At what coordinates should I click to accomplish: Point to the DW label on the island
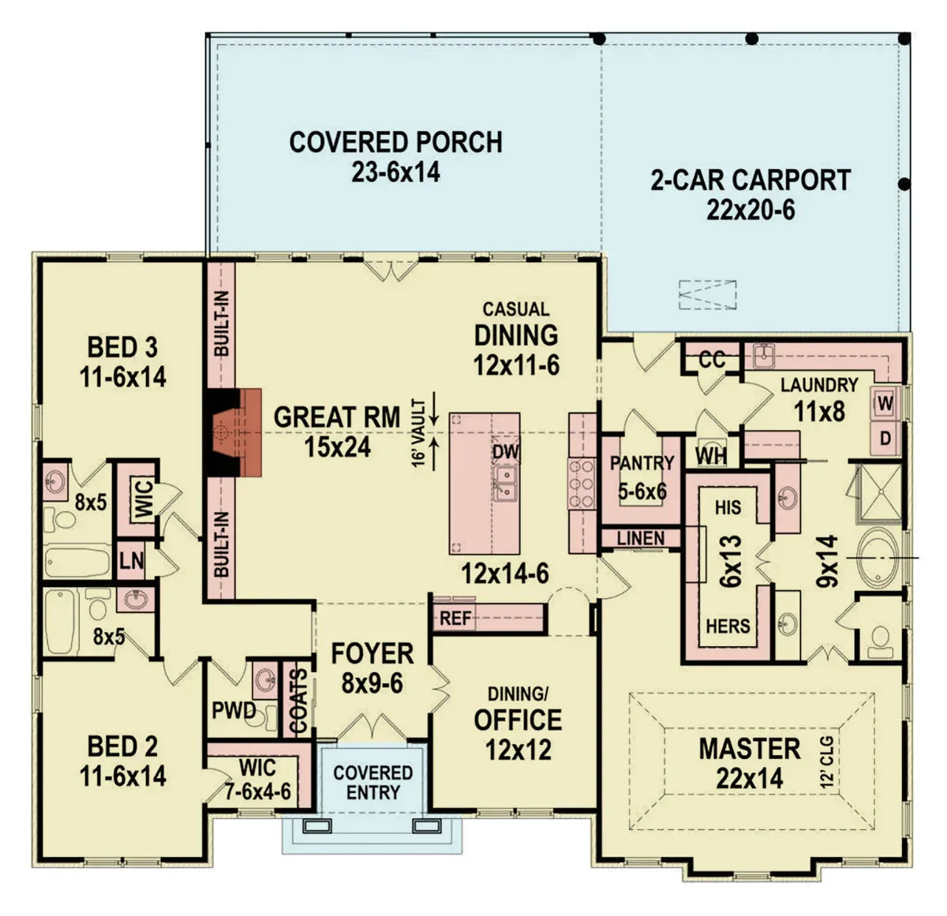[x=505, y=452]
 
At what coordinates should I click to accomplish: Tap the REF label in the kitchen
[x=455, y=619]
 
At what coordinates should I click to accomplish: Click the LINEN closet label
[x=640, y=539]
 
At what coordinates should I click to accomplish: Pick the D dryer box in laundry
[x=885, y=437]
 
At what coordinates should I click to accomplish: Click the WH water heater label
[x=711, y=455]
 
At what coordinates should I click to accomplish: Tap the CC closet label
[x=712, y=360]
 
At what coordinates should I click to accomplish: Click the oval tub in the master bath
[x=877, y=558]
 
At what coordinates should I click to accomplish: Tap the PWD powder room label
[x=234, y=711]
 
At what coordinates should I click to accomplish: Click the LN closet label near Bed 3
[x=132, y=561]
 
